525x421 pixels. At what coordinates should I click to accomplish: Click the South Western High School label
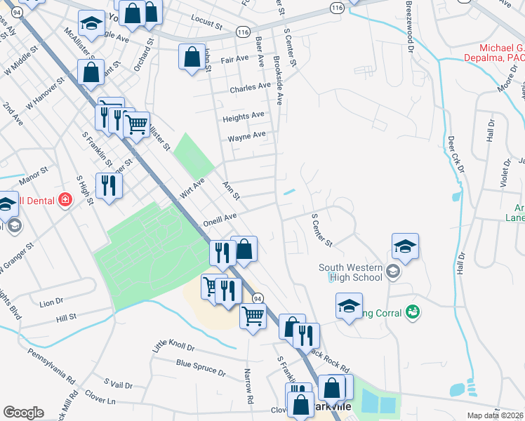[350, 272]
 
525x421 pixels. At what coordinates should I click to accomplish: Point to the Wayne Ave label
[246, 135]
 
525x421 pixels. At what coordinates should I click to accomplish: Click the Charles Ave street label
[250, 88]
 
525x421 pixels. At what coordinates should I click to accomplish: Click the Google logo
[23, 413]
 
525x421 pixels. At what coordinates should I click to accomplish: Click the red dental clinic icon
[65, 200]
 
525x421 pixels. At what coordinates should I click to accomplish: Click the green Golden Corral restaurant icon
[413, 310]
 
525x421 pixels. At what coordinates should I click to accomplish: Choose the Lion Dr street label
[51, 302]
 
